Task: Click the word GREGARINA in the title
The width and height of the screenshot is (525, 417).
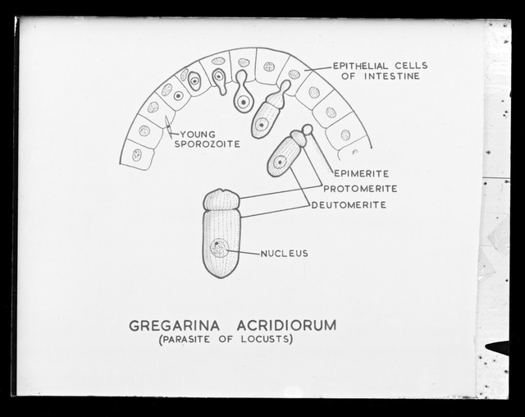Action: coord(174,326)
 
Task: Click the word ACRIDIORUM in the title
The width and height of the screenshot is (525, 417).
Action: coord(286,326)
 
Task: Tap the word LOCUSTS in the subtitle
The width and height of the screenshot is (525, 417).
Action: coord(265,339)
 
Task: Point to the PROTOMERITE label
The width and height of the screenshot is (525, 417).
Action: coord(360,189)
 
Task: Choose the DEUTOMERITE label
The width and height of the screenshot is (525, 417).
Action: coord(349,204)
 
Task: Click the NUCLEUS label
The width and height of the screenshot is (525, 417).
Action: coord(285,254)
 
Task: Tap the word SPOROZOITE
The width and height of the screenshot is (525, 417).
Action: coord(208,144)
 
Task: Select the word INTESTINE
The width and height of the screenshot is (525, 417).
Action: coord(392,76)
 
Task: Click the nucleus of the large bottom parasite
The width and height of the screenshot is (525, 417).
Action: coord(219,248)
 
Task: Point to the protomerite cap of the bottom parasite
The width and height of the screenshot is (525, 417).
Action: coord(221,200)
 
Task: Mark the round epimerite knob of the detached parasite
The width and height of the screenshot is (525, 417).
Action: coord(308,130)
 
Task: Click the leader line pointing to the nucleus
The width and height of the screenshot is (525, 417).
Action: coord(244,251)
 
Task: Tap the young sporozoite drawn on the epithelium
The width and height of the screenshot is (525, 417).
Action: coord(168,126)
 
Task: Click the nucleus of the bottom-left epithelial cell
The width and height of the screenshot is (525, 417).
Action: coord(137,155)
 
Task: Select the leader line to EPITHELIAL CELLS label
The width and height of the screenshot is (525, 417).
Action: coord(319,69)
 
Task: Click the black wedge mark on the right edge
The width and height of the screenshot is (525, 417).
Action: coord(498,348)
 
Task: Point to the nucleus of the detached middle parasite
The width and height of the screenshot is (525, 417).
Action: coord(280,162)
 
